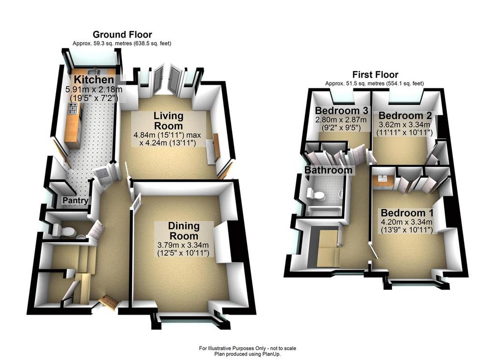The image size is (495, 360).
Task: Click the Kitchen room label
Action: [93, 80]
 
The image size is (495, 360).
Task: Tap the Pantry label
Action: [75, 201]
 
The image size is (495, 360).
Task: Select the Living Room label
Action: [168, 121]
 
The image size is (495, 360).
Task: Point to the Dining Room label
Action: [184, 230]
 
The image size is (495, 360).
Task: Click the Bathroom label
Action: [328, 170]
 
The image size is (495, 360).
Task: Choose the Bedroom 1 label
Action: [407, 213]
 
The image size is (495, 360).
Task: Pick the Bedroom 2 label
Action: [405, 115]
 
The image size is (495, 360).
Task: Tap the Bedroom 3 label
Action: [342, 111]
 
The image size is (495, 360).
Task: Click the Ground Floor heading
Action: [122, 34]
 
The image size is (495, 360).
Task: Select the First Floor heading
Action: [375, 74]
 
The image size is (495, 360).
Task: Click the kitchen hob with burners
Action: [73, 108]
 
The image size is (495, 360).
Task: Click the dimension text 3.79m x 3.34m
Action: [183, 245]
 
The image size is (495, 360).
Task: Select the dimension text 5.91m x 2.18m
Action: [93, 89]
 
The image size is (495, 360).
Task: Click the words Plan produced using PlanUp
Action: [247, 354]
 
